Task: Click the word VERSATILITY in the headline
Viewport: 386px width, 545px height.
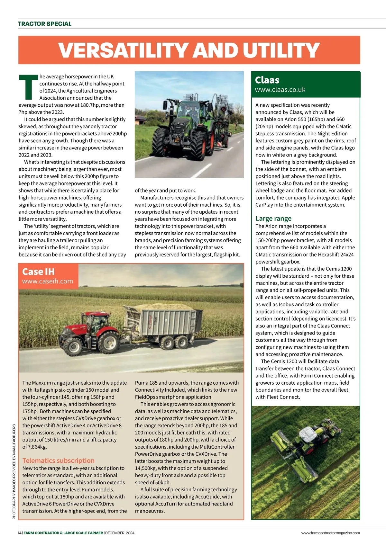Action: click(123, 50)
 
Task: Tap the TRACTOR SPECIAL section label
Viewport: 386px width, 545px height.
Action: click(45, 24)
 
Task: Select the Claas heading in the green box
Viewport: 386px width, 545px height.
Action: click(267, 80)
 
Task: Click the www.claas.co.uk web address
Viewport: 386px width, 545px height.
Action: click(280, 90)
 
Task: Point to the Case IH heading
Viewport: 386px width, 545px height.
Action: click(38, 272)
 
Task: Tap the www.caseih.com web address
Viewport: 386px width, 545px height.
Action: click(48, 281)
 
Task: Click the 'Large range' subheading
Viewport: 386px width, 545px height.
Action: click(273, 219)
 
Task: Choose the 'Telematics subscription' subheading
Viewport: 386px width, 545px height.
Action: click(59, 460)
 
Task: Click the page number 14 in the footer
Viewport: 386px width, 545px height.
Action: click(20, 533)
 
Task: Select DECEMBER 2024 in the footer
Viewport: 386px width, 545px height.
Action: click(120, 533)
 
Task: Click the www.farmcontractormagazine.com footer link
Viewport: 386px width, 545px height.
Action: click(330, 533)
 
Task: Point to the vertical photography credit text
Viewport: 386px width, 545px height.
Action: click(14, 472)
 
